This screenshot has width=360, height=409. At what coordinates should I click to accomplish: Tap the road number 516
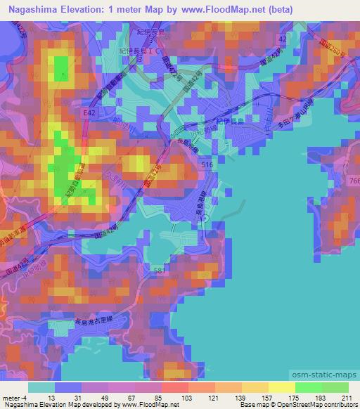pos(207,164)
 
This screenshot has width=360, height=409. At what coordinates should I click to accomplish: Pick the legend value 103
pos(166,399)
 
